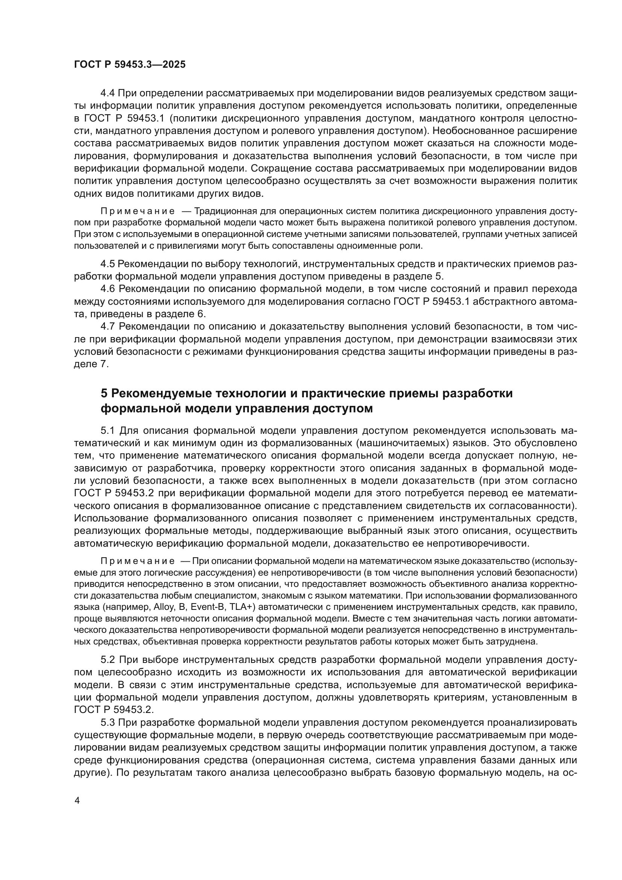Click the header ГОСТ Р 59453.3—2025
[129, 64]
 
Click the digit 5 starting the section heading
[104, 394]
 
